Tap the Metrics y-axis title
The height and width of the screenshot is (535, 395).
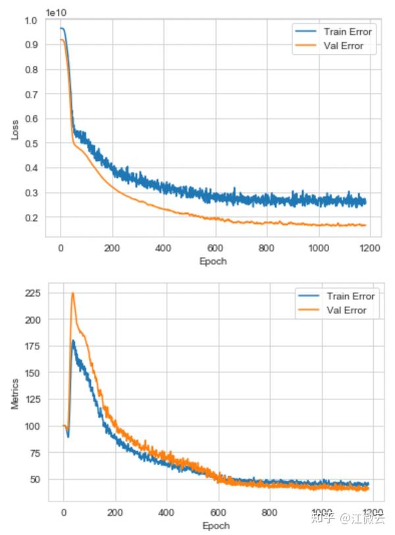tap(15, 395)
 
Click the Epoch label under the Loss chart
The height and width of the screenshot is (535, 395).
tap(214, 261)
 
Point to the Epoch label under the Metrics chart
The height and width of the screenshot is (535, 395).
tap(216, 526)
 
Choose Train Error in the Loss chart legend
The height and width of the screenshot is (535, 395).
tap(348, 32)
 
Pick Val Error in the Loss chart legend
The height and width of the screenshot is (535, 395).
tap(343, 46)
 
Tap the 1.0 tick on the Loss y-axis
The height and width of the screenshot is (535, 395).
tap(31, 20)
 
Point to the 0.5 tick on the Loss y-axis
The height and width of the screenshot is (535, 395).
tap(31, 143)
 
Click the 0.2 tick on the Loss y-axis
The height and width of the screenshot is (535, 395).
tap(31, 218)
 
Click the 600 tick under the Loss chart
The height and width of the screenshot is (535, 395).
tap(215, 248)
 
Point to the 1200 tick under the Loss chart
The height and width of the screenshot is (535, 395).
tap(369, 248)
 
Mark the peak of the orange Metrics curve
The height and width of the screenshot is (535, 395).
tap(72, 293)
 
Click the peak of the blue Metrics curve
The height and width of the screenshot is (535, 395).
tap(73, 340)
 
